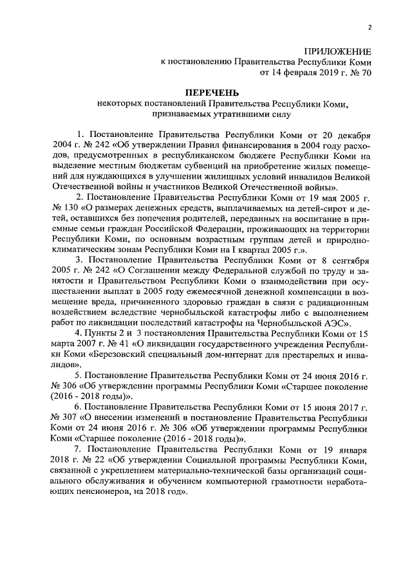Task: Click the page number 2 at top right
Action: [370, 27]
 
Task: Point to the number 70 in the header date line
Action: [366, 73]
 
